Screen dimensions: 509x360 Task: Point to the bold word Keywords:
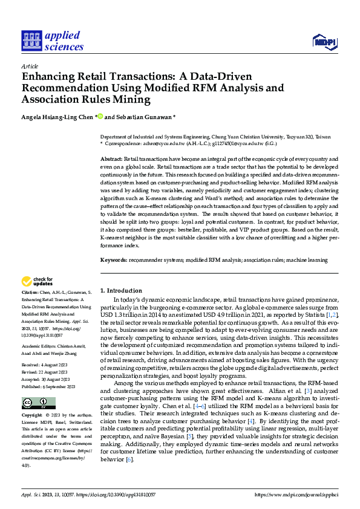click(113, 260)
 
